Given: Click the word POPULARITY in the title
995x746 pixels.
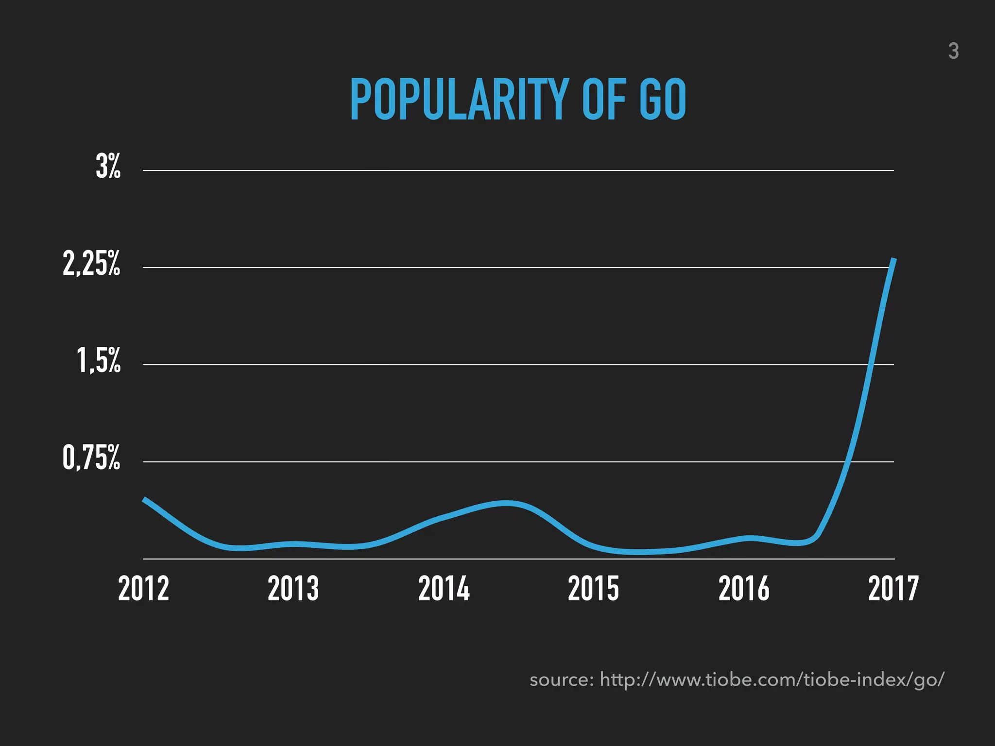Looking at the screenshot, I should tap(459, 100).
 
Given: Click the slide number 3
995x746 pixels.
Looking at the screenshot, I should tap(953, 51).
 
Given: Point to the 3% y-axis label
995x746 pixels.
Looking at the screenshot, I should tap(108, 167).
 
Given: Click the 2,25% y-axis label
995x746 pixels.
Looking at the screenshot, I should tap(91, 265).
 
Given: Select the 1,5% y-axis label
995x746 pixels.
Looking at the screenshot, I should tap(99, 361).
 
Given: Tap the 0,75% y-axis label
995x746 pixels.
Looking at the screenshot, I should tap(91, 458).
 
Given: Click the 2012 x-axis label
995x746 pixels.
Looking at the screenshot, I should tap(143, 589).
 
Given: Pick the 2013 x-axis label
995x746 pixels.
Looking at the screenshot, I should tap(293, 589).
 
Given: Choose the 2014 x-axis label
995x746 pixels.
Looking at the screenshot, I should tap(444, 589).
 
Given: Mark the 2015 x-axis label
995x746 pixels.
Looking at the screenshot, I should tap(593, 589).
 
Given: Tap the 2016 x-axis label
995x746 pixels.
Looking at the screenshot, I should tap(744, 589).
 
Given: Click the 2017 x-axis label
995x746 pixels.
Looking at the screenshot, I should tap(893, 589).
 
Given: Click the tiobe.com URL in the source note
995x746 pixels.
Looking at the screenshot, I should tap(772, 679).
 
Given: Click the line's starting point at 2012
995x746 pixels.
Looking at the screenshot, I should tap(144, 499).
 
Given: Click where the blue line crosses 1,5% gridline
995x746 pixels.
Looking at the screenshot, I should tap(871, 365).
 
